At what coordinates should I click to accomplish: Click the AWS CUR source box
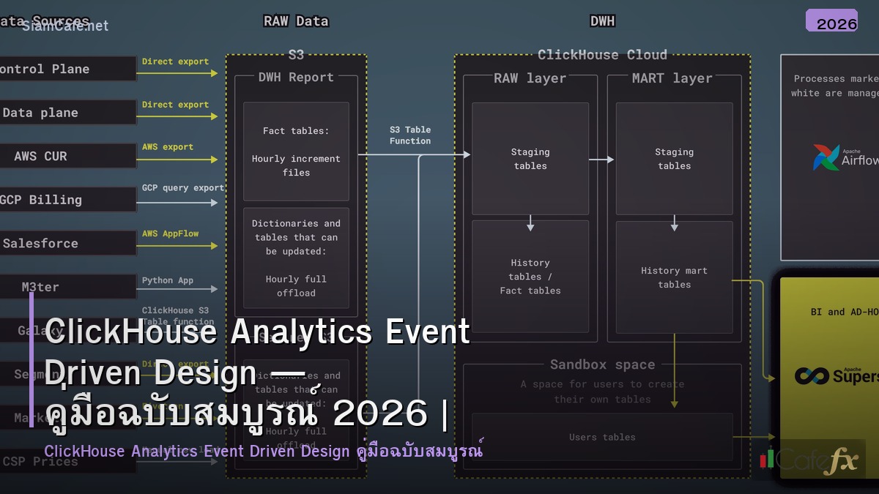(66, 156)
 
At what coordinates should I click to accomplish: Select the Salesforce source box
(66, 243)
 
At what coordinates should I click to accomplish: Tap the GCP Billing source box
(66, 200)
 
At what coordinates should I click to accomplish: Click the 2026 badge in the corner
(836, 22)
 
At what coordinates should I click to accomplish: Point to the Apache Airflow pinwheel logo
(826, 157)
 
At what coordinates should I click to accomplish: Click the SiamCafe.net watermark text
(65, 26)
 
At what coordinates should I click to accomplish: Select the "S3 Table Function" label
(410, 135)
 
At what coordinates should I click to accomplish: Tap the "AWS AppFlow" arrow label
(170, 234)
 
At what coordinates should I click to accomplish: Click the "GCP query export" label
(182, 188)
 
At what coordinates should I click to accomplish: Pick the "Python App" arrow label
(168, 280)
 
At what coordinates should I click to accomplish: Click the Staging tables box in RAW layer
(530, 159)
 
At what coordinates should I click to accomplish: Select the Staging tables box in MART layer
(674, 159)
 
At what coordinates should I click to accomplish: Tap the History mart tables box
(674, 278)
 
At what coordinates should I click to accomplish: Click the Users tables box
(602, 437)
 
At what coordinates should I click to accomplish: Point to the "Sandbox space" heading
(602, 364)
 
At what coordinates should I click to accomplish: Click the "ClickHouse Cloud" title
(602, 55)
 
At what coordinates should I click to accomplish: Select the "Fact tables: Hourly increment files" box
(296, 151)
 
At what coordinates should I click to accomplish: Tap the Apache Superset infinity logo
(812, 376)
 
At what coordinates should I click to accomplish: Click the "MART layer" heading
(672, 78)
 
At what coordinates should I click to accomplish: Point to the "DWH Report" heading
(296, 78)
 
